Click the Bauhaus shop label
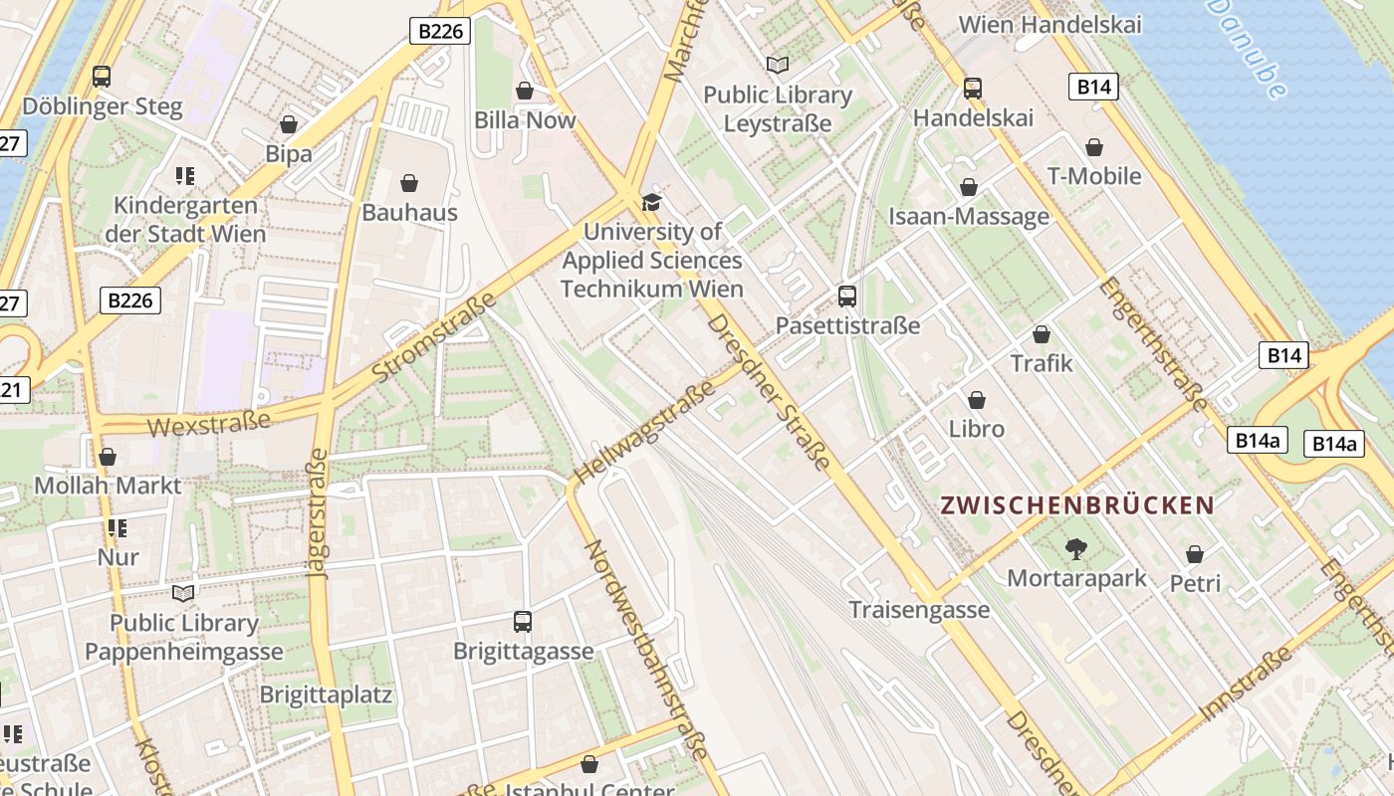tap(409, 212)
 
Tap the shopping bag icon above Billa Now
tap(525, 92)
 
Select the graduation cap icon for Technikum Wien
tap(651, 203)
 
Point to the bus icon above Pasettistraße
tap(846, 296)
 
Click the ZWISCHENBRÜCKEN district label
tap(1077, 504)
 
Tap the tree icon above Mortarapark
tap(1075, 547)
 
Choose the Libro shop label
tap(977, 429)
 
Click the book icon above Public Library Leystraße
tap(778, 66)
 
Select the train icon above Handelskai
tap(973, 89)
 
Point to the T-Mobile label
tap(1094, 176)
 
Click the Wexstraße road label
tap(209, 423)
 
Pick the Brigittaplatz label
tap(326, 694)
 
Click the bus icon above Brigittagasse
tap(523, 622)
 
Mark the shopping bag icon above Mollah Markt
tap(108, 457)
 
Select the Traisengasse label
tap(919, 609)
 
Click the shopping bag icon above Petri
tap(1195, 554)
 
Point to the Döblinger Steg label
tap(103, 106)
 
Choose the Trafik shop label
tap(1042, 363)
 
